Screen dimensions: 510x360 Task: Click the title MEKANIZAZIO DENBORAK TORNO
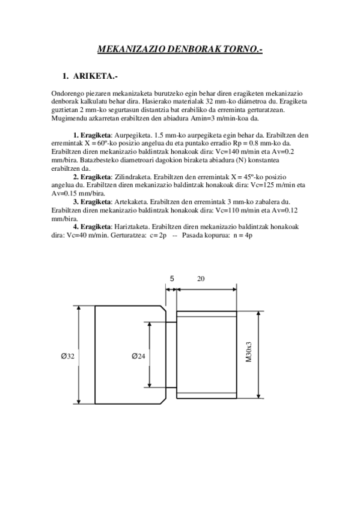click(x=180, y=51)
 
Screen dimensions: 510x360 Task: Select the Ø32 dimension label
click(x=67, y=356)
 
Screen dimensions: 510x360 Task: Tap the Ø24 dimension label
click(x=138, y=356)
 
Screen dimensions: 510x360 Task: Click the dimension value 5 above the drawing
click(x=172, y=278)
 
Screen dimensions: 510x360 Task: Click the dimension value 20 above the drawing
click(x=201, y=278)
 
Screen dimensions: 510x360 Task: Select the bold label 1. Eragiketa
click(x=91, y=135)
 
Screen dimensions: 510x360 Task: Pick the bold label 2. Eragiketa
click(x=91, y=177)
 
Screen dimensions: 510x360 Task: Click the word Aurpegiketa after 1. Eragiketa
click(x=131, y=135)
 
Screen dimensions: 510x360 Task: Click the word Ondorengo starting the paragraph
click(x=67, y=94)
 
